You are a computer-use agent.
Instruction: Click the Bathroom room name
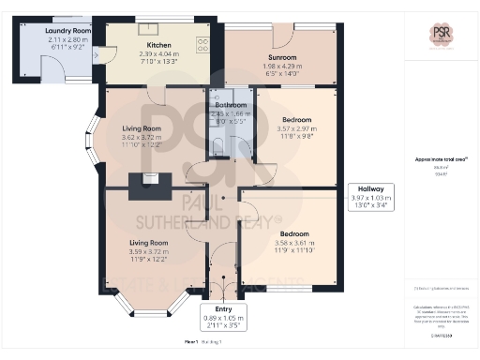tap(230, 104)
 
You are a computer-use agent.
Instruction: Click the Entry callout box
tap(223, 318)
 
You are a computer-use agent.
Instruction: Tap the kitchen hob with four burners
tap(202, 45)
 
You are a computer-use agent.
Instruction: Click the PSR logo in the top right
tap(442, 36)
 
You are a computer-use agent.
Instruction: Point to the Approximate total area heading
tap(440, 158)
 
